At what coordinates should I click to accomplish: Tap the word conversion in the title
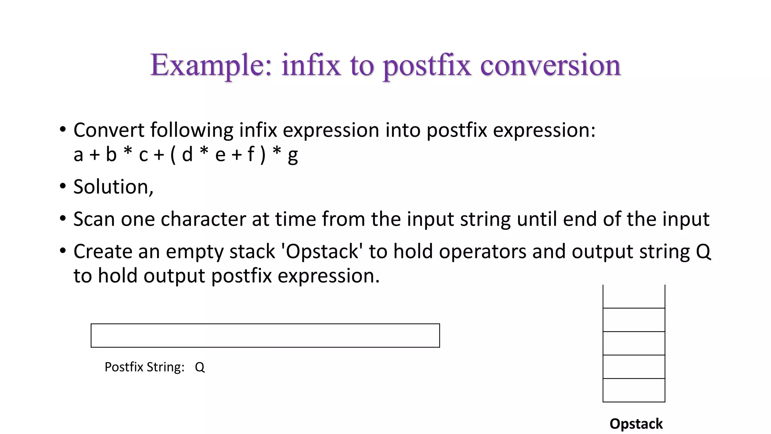click(x=550, y=65)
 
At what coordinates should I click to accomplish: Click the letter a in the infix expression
click(x=78, y=155)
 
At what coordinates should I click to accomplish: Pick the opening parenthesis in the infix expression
click(x=173, y=155)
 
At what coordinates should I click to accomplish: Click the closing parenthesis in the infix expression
click(x=263, y=155)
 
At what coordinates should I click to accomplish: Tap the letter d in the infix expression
click(x=187, y=154)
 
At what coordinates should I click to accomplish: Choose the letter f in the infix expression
click(x=250, y=154)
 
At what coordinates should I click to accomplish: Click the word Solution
click(x=113, y=187)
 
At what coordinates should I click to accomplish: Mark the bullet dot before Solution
click(x=63, y=186)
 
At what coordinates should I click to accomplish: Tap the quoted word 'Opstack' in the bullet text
click(x=322, y=252)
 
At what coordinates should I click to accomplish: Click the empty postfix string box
click(x=265, y=335)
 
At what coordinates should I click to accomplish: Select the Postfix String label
click(x=145, y=367)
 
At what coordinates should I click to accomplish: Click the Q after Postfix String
click(x=200, y=367)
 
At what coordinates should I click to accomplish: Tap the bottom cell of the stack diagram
click(x=634, y=390)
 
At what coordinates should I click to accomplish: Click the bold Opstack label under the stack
click(x=636, y=424)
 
